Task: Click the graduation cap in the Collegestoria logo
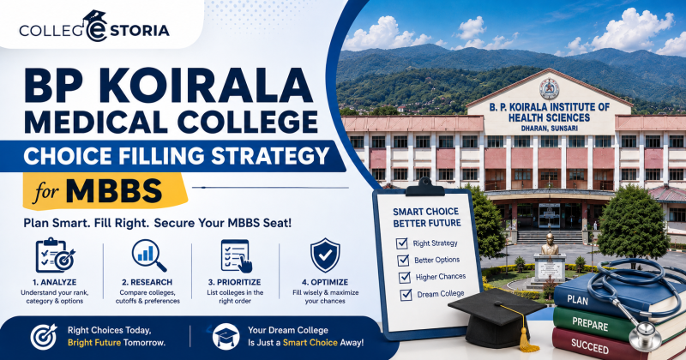(x=95, y=16)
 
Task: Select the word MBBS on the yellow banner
(x=114, y=191)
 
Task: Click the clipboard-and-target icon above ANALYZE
(x=55, y=255)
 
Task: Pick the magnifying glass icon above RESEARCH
(x=148, y=255)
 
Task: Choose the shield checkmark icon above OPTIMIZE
(x=325, y=255)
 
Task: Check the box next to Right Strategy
(x=401, y=243)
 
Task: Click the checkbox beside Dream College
(x=406, y=295)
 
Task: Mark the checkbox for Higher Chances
(x=404, y=278)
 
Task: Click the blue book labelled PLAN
(x=612, y=297)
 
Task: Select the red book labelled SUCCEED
(x=612, y=345)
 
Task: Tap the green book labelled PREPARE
(x=612, y=324)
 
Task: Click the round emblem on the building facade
(x=549, y=89)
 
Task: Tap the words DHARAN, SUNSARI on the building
(x=550, y=129)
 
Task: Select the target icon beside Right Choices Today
(x=44, y=337)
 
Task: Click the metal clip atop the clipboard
(x=424, y=187)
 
